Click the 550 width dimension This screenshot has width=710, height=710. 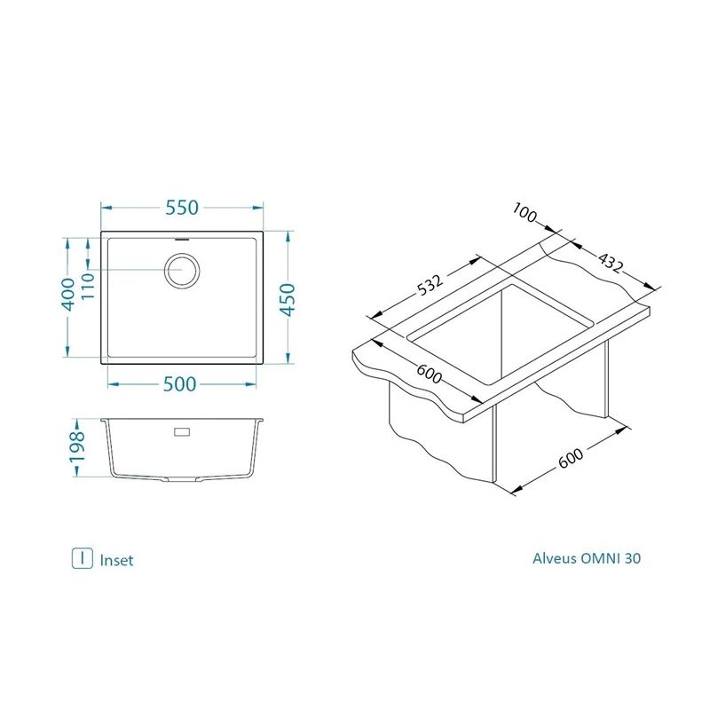pos(182,208)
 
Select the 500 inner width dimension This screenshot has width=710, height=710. pos(180,384)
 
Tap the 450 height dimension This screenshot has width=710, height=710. pos(288,299)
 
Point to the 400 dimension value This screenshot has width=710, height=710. pos(68,295)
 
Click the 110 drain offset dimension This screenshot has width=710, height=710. pos(87,285)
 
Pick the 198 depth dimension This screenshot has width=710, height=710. pos(77,446)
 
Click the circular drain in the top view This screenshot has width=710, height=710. pos(182,271)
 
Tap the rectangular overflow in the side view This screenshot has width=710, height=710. pos(182,432)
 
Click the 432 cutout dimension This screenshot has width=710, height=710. pos(611,263)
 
